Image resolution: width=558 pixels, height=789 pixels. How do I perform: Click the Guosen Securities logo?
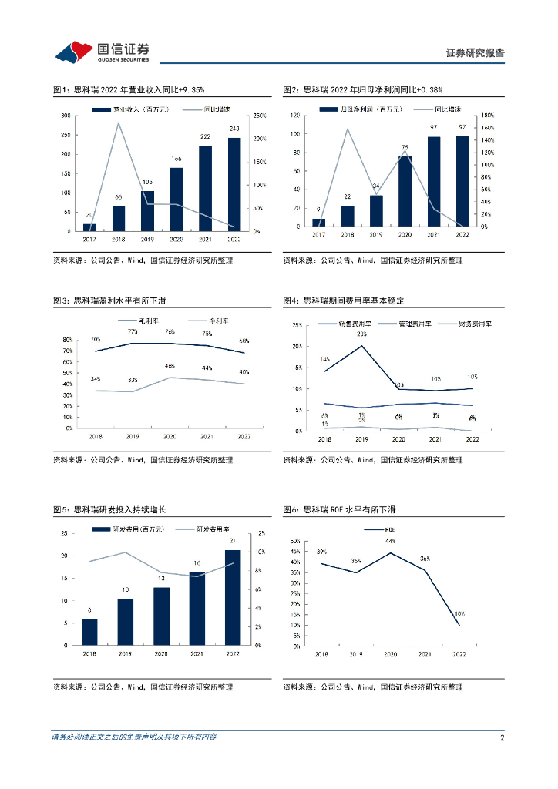tap(102, 51)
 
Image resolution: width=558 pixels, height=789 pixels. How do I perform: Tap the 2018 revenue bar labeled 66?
tap(118, 218)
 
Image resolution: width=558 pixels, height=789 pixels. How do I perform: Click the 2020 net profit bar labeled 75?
tap(405, 191)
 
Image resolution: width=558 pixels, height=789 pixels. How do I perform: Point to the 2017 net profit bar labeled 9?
tap(318, 222)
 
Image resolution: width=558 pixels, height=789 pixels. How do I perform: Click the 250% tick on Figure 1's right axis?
tap(259, 116)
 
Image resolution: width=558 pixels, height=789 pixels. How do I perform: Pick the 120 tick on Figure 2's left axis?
tap(294, 116)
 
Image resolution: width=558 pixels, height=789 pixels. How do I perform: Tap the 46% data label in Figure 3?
tap(170, 366)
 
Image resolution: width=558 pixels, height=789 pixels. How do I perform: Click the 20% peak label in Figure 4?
tap(361, 334)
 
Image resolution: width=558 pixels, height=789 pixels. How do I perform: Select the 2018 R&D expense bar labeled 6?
tap(89, 631)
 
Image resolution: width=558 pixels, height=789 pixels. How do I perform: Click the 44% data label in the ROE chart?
tap(390, 542)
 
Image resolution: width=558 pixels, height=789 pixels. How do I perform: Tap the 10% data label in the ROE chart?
tap(459, 614)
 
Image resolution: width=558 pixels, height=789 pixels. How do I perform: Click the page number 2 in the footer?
tap(502, 737)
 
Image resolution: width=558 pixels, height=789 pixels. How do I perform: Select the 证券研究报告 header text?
tap(476, 53)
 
